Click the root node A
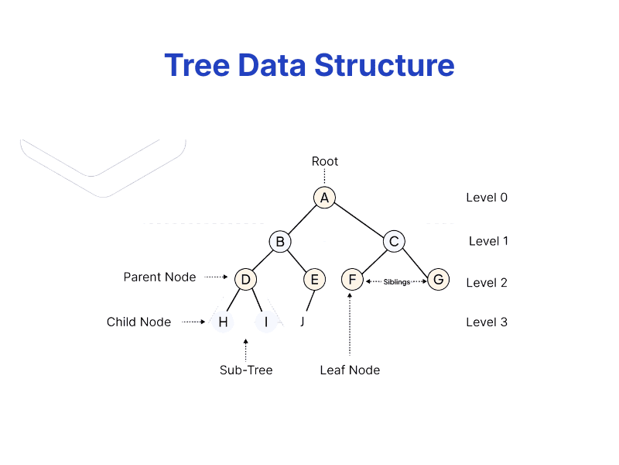pyautogui.click(x=324, y=198)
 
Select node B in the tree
pyautogui.click(x=280, y=241)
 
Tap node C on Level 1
pyautogui.click(x=394, y=241)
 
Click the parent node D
pyautogui.click(x=245, y=279)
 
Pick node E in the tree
pyautogui.click(x=313, y=279)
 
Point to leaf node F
pyautogui.click(x=352, y=279)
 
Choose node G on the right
pyautogui.click(x=438, y=279)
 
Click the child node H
pyautogui.click(x=223, y=322)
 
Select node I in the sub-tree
pyautogui.click(x=265, y=322)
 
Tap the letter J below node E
pyautogui.click(x=302, y=322)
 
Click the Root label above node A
pyautogui.click(x=325, y=161)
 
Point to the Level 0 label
pyautogui.click(x=487, y=198)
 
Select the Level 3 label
pyautogui.click(x=487, y=322)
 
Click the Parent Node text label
pyautogui.click(x=159, y=277)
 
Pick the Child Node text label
pyautogui.click(x=139, y=322)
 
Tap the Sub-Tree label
pyautogui.click(x=246, y=370)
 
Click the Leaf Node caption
pyautogui.click(x=350, y=370)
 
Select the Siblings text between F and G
pyautogui.click(x=397, y=282)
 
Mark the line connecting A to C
pyautogui.click(x=359, y=219)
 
